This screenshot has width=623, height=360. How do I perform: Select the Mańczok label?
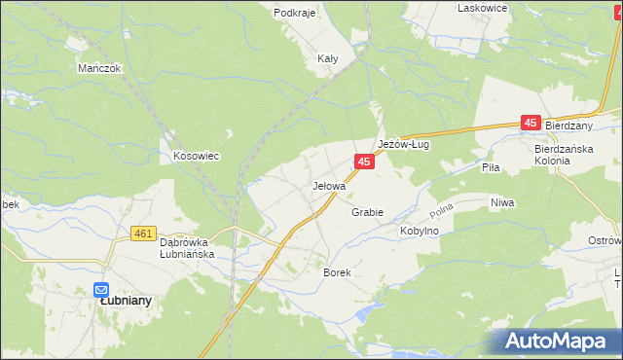98,69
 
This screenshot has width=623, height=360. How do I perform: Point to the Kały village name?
328,58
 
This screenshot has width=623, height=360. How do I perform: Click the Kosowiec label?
195,156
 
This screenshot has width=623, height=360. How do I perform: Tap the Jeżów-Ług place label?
404,144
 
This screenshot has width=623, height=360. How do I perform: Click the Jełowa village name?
329,185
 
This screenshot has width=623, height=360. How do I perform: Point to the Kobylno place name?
420,231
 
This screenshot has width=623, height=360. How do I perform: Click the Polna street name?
443,210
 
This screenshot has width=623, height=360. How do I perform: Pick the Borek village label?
337,273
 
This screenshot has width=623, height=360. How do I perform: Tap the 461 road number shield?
143,234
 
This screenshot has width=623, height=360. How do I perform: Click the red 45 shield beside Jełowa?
363,162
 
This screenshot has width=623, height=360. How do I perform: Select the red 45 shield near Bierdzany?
531,123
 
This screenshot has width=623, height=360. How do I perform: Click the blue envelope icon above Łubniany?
101,288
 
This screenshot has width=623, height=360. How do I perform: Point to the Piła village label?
491,167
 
